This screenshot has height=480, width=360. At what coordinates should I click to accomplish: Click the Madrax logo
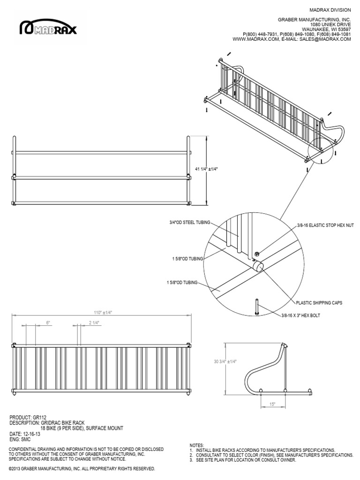48,29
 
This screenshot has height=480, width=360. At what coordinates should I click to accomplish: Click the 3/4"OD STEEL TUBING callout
190,222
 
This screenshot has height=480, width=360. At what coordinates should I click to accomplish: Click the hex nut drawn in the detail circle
256,254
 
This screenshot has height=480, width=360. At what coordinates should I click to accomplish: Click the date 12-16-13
29,434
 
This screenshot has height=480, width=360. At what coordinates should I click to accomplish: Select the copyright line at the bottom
82,468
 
